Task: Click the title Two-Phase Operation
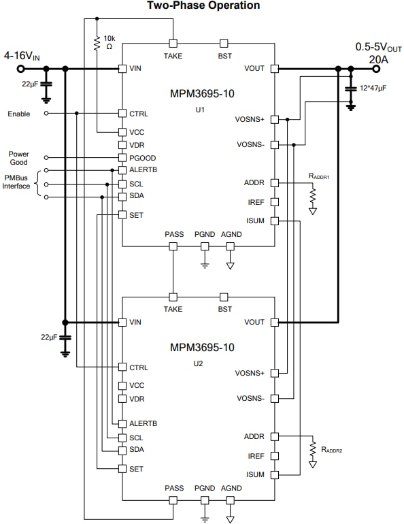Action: (203, 5)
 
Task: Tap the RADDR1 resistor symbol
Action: (313, 196)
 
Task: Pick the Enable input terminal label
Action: (19, 113)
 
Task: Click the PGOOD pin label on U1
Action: (143, 157)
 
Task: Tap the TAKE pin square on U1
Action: (173, 43)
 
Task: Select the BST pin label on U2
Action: (224, 309)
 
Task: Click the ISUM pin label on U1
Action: (254, 220)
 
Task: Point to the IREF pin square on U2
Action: (275, 456)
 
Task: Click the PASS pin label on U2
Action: (174, 488)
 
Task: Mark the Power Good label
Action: (19, 158)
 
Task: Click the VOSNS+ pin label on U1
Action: (250, 119)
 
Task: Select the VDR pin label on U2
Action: (137, 398)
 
